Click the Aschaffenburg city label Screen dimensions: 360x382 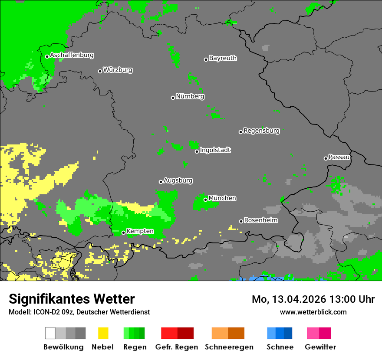point(72,55)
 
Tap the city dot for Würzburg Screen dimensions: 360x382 point(100,71)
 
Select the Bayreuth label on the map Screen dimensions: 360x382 point(223,58)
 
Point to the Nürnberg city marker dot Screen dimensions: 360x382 point(173,98)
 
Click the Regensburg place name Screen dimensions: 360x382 point(261,131)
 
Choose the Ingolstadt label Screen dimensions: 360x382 point(215,150)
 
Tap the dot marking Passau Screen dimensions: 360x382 point(326,158)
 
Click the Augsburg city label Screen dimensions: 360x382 point(178,180)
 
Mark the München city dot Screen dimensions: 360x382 point(205,200)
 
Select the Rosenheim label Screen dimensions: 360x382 point(260,220)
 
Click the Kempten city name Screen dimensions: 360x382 point(140,231)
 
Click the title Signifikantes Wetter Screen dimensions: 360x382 point(72,299)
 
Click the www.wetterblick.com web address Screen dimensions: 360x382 point(313,312)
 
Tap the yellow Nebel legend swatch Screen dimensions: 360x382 point(103,333)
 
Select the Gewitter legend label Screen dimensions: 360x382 point(320,347)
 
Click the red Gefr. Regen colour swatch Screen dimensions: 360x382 point(169,333)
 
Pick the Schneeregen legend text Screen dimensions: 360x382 point(229,347)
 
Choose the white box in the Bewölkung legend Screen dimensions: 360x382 point(50,333)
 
